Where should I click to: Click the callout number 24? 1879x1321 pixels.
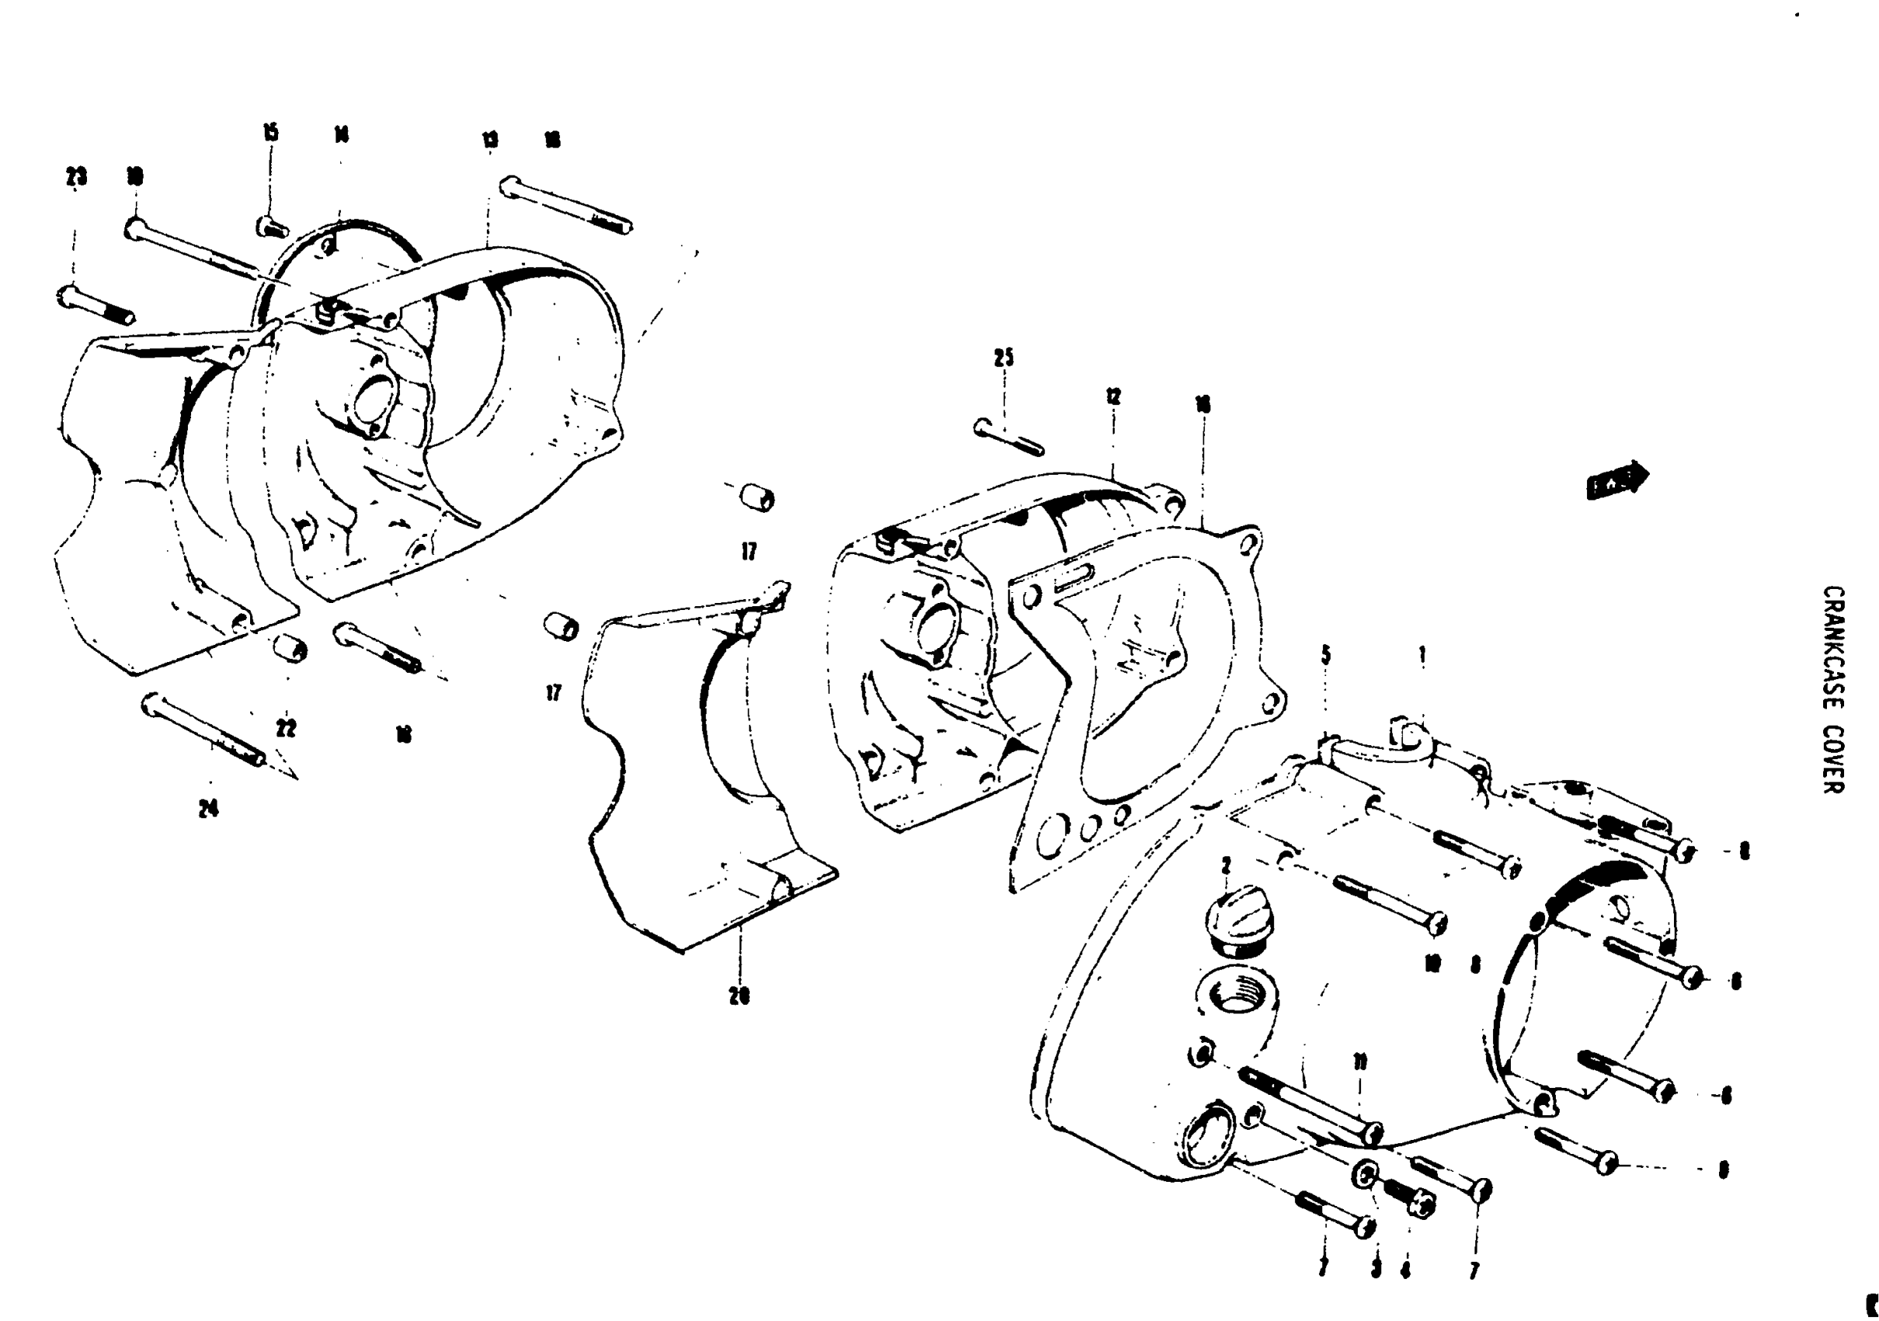209,809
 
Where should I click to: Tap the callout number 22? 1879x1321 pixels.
286,727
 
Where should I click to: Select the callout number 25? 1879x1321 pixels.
1004,357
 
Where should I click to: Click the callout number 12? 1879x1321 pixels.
1113,397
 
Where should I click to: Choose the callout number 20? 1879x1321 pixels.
739,996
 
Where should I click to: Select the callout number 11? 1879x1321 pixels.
1359,1062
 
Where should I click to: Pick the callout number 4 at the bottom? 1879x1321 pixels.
1405,1271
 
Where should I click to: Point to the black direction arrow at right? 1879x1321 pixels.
1617,480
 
